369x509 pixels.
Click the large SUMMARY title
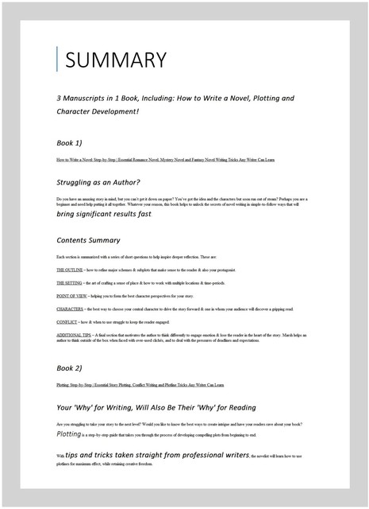pyautogui.click(x=116, y=60)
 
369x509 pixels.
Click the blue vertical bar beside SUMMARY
pyautogui.click(x=58, y=60)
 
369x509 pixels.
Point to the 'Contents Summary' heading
pyautogui.click(x=89, y=239)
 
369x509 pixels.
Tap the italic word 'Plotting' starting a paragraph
pyautogui.click(x=70, y=435)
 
